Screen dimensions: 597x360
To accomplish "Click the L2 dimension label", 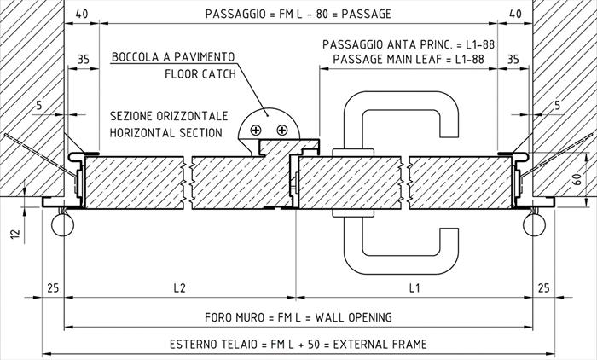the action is [x=179, y=287].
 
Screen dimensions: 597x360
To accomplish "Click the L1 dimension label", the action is [x=414, y=287].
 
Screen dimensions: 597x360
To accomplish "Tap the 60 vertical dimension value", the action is [x=577, y=179].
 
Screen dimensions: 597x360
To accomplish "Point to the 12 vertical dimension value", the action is [x=14, y=232].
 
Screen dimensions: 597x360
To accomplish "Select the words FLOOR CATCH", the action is [x=200, y=74].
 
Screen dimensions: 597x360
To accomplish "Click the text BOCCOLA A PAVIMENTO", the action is [x=173, y=57].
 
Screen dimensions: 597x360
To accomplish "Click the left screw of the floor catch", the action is [x=256, y=131].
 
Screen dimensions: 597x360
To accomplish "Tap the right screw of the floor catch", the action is [x=281, y=131].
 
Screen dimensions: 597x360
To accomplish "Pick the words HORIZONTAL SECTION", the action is [x=166, y=133].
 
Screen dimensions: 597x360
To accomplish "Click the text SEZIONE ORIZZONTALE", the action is [x=169, y=116].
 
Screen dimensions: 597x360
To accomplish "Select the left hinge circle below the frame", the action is [x=62, y=224].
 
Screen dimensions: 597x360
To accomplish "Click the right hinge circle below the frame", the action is [x=535, y=224].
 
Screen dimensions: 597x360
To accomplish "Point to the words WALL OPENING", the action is [x=353, y=317].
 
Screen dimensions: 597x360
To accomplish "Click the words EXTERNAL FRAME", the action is [x=380, y=345].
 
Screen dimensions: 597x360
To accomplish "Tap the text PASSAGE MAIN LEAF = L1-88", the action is [x=409, y=60].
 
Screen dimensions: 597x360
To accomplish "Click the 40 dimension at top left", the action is [x=82, y=14].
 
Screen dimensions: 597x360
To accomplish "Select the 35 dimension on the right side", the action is [x=513, y=60].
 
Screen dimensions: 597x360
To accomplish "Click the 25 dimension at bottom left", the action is [x=53, y=287].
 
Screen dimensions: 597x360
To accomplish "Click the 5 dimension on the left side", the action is [x=39, y=105].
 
